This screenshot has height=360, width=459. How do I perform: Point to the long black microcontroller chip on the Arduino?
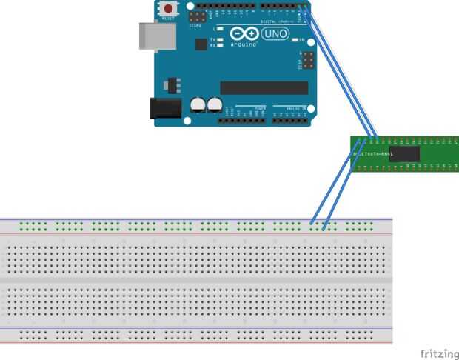pos(264,87)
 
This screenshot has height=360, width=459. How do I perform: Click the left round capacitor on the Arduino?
pos(198,105)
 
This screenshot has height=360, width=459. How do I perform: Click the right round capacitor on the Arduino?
pos(215,105)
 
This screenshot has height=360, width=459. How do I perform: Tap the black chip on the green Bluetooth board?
pos(405,153)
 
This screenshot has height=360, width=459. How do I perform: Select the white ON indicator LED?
pos(295,39)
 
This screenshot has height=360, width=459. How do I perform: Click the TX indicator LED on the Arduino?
pos(220,39)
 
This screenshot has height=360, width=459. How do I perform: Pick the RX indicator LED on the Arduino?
pos(220,45)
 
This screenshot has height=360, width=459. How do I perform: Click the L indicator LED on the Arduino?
pos(220,29)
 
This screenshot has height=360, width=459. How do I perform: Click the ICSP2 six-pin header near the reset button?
pos(198,16)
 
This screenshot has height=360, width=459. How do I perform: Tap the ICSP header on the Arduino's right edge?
pos(308,59)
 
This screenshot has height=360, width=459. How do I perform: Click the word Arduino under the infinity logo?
pos(244,44)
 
